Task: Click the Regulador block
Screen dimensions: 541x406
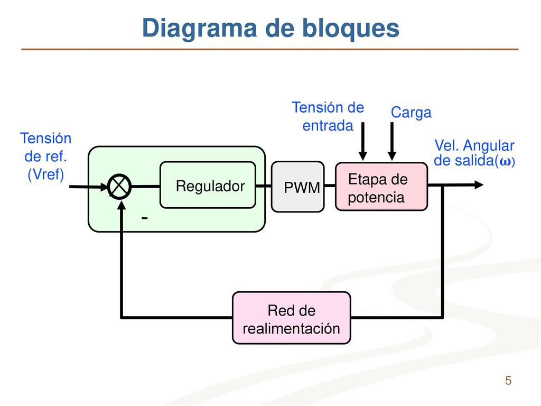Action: (x=208, y=185)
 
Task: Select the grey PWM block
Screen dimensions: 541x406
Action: (x=298, y=187)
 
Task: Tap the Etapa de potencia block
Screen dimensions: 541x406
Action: (x=381, y=187)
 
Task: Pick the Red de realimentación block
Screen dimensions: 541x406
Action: (x=292, y=318)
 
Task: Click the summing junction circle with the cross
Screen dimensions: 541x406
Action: (x=119, y=187)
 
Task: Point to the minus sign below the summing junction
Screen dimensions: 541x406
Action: (x=145, y=218)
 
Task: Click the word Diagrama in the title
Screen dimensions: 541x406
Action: (x=199, y=29)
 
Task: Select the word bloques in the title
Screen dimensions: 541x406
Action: (x=351, y=29)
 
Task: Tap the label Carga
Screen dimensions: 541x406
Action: (x=411, y=113)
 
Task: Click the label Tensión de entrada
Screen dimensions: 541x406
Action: (x=328, y=117)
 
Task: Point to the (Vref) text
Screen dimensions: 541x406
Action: (x=46, y=174)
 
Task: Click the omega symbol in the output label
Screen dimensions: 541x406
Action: (x=505, y=162)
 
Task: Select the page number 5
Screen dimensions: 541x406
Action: (x=508, y=381)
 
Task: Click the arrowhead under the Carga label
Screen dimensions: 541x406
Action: (x=392, y=156)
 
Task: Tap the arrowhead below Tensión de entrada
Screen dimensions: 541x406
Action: (x=362, y=156)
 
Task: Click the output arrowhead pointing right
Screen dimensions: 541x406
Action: (x=479, y=185)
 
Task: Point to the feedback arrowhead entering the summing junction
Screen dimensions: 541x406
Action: (x=122, y=205)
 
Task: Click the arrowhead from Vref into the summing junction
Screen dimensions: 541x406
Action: (x=104, y=187)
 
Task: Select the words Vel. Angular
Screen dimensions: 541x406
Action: (x=474, y=146)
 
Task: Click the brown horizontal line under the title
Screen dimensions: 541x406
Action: (x=270, y=49)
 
